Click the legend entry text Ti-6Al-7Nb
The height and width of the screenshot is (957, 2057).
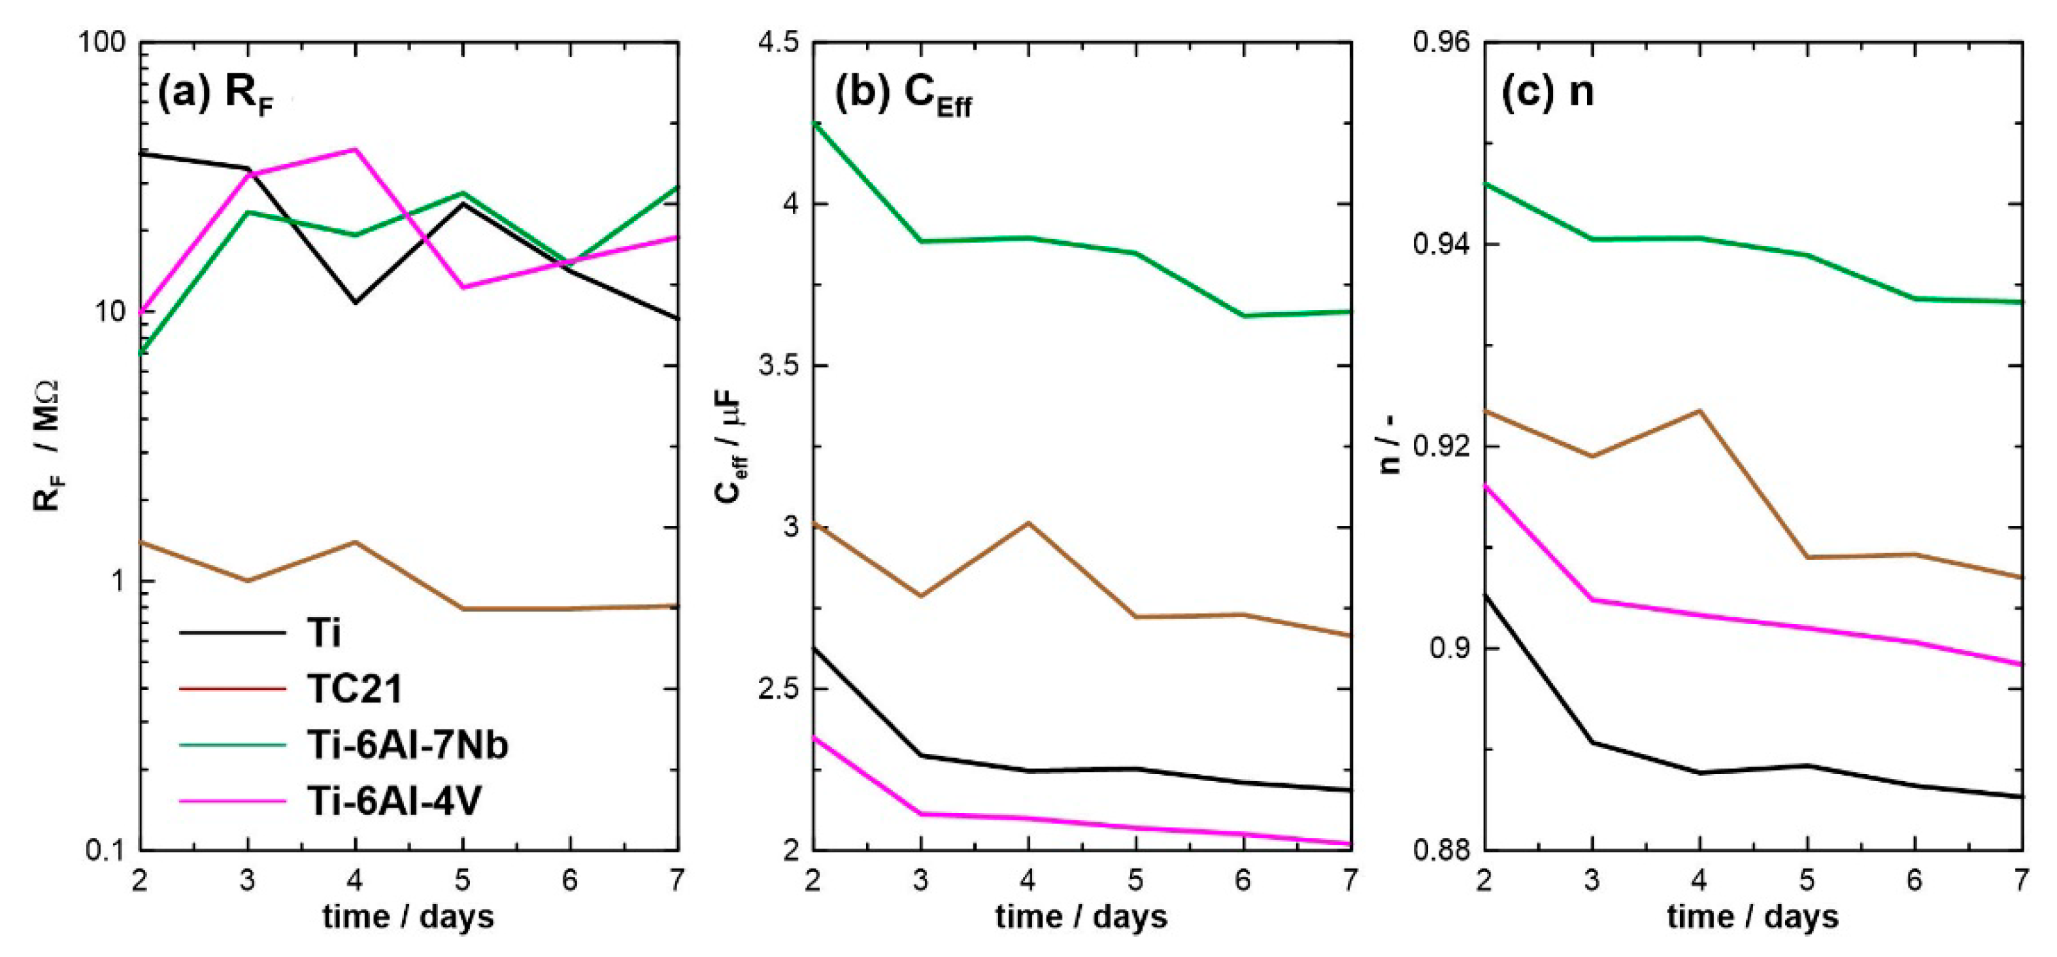(x=407, y=744)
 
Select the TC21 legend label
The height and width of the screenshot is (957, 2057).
(x=354, y=689)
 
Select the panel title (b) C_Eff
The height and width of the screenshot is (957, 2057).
(x=902, y=95)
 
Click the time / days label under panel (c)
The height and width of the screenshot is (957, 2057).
(x=1753, y=916)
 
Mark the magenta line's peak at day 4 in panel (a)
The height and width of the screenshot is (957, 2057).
(x=356, y=149)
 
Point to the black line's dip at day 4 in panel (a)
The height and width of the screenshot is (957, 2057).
(x=354, y=303)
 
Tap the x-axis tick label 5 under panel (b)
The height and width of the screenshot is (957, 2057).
(x=1135, y=880)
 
